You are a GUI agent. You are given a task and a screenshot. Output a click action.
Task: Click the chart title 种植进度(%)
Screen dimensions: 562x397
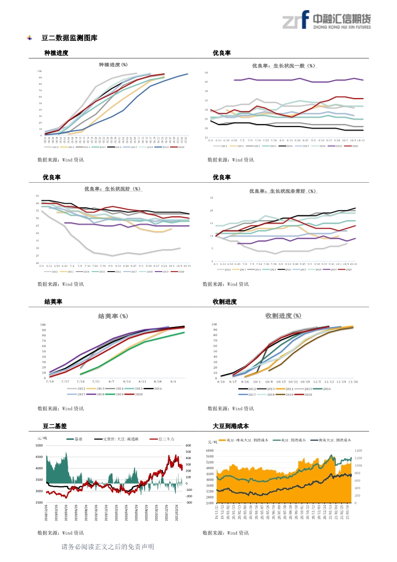113,64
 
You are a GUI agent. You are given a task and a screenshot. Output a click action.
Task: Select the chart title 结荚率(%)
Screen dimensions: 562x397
113,316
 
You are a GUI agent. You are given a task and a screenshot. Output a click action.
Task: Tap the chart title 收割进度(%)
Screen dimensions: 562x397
284,315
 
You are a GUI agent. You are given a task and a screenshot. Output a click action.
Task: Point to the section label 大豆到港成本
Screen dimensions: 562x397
231,426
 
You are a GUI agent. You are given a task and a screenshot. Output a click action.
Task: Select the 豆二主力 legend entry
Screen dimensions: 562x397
163,439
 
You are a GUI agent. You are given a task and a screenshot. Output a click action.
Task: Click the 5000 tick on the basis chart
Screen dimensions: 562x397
39,446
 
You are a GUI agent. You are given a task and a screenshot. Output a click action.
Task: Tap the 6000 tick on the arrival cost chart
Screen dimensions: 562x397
210,450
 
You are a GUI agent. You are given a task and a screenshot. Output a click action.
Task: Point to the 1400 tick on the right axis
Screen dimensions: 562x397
358,450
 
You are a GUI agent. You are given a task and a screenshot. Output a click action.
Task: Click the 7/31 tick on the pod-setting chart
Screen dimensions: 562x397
96,381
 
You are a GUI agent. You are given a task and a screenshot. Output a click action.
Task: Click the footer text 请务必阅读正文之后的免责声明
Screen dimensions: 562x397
108,547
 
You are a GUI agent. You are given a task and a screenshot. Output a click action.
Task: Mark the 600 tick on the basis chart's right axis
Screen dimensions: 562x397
188,446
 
